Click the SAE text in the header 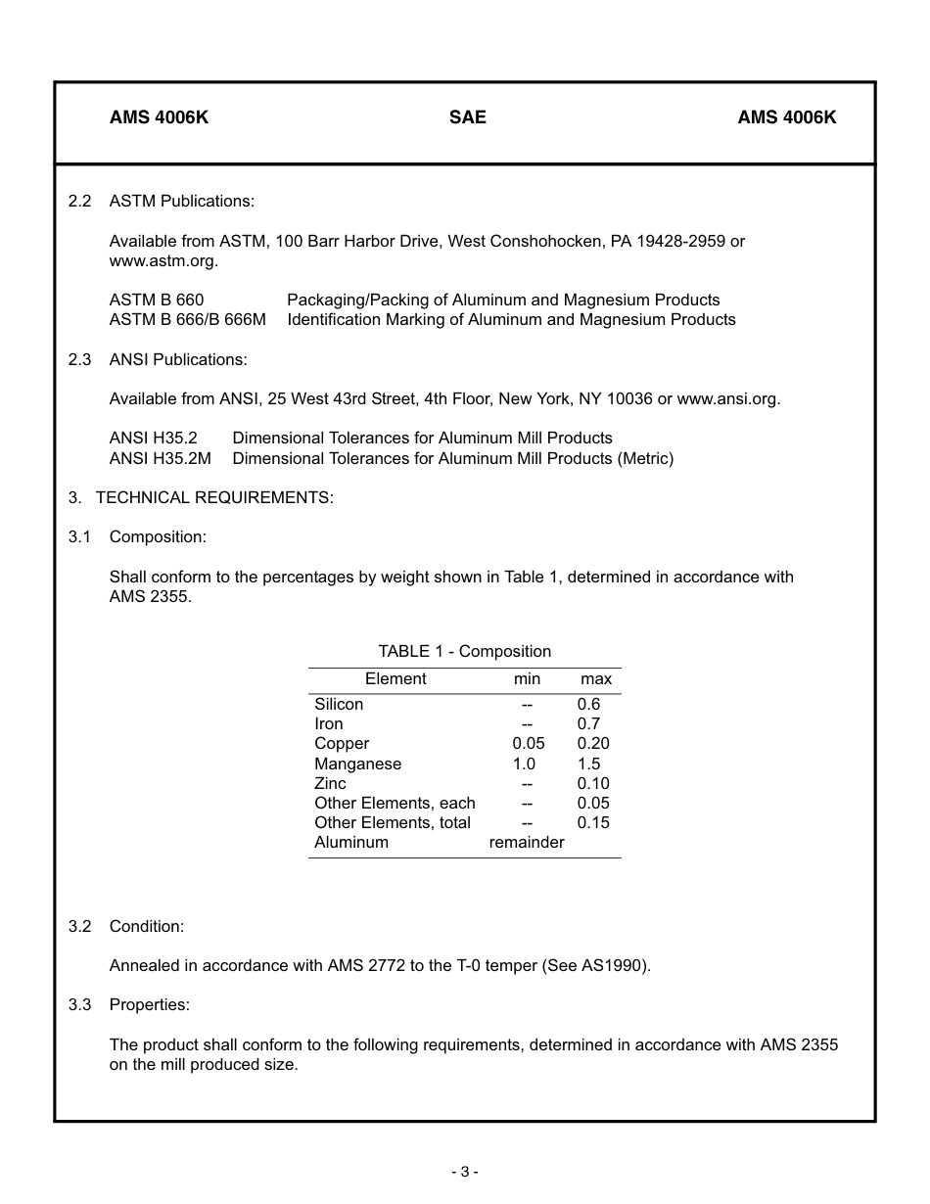point(467,117)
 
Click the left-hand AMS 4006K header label point(159,117)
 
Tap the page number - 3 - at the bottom point(464,1172)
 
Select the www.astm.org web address point(163,261)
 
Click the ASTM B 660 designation point(157,301)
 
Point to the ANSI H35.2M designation point(160,458)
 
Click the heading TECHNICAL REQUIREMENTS point(214,497)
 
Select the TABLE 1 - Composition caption point(464,652)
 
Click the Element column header point(395,679)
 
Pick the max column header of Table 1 point(595,679)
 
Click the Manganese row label point(357,764)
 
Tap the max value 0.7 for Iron point(588,724)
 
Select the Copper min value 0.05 point(528,744)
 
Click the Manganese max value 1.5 point(588,764)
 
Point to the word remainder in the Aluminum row point(527,843)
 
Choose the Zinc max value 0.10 point(592,784)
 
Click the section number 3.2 point(79,926)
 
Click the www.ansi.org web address point(727,399)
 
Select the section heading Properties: point(149,1005)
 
